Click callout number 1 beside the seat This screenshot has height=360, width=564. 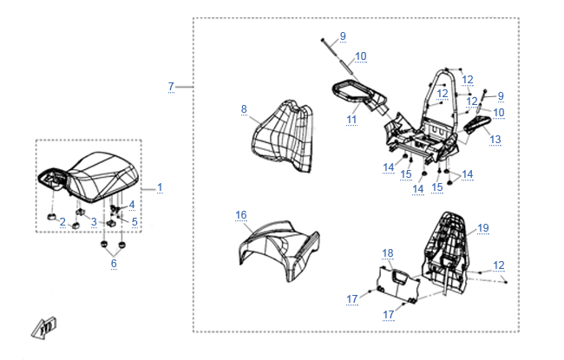point(160,187)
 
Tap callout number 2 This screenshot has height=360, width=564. point(62,223)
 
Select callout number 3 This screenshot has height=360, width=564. point(94,223)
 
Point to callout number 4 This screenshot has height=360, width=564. point(132,205)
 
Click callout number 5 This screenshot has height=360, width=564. point(134,222)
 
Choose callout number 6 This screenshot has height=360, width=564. point(113,263)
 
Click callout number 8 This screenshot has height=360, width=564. point(244,109)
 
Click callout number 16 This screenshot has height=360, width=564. point(240,213)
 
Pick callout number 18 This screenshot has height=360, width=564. point(388,252)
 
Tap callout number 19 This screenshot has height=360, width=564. point(483,228)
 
